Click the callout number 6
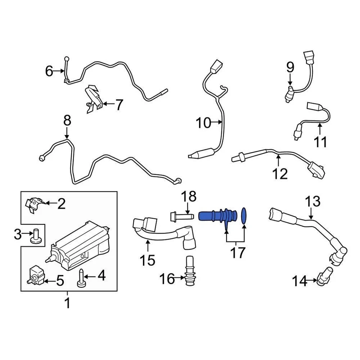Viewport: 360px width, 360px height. point(49,71)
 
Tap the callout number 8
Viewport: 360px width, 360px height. point(67,121)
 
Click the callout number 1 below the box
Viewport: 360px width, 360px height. point(67,303)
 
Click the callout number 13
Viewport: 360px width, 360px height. point(312,201)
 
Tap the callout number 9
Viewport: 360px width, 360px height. point(290,67)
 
